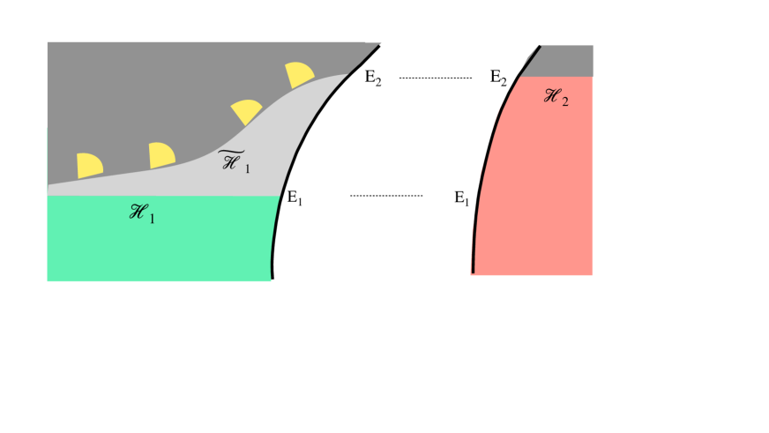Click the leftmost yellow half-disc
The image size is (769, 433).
(x=89, y=165)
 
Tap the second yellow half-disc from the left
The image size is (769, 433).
(x=161, y=155)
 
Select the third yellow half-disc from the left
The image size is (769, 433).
(x=246, y=111)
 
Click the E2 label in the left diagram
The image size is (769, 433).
(x=374, y=77)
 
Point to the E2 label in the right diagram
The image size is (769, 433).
(x=498, y=78)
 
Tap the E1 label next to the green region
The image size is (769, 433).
(x=295, y=198)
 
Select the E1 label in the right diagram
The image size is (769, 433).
(x=461, y=198)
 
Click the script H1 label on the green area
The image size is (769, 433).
(x=142, y=213)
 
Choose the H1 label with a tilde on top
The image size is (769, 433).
(x=234, y=161)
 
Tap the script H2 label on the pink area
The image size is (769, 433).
(x=556, y=97)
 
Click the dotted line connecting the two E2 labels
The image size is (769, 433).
(x=436, y=78)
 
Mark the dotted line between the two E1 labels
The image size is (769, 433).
(x=386, y=195)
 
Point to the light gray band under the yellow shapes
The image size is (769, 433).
(x=265, y=150)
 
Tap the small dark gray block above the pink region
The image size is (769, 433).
(x=564, y=61)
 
